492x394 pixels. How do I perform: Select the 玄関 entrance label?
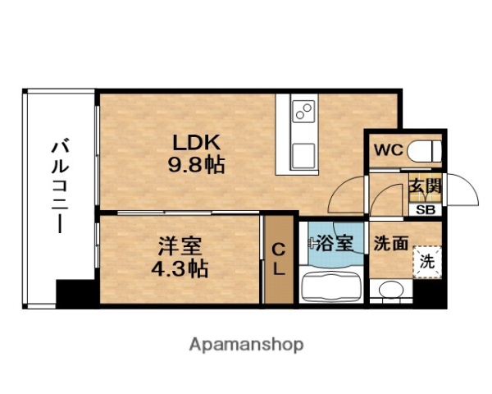tap(426, 187)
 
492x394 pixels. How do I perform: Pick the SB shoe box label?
tap(426, 208)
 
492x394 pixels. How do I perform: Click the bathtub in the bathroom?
tap(332, 287)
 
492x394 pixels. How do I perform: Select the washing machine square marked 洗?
tap(426, 263)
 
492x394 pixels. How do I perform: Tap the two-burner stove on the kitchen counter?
tap(301, 112)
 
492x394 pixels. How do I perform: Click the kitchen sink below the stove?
tap(301, 152)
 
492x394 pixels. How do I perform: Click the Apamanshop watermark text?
tap(247, 342)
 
